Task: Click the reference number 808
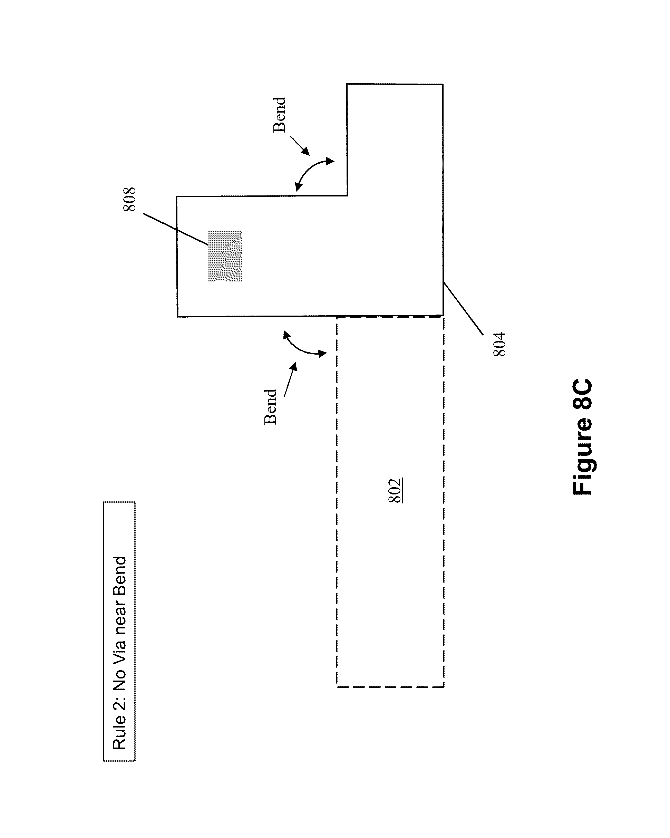[129, 199]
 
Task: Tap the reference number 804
[499, 344]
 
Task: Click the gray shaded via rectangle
[225, 256]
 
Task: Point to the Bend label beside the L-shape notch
[280, 115]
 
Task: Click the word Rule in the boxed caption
[120, 732]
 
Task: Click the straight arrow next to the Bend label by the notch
[300, 146]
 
